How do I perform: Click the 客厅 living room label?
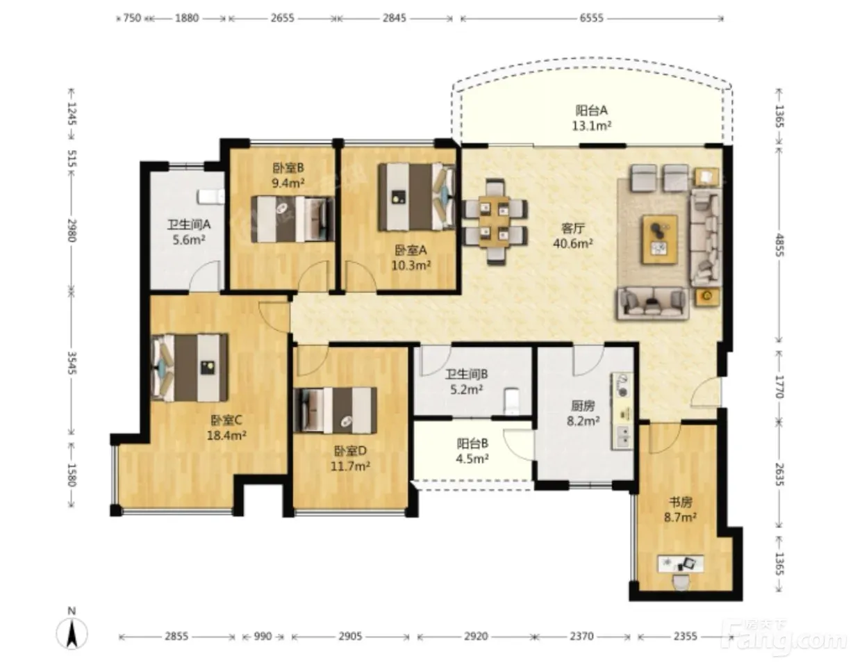pos(573,228)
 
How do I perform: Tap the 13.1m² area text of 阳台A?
pos(592,126)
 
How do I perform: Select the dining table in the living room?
pos(494,222)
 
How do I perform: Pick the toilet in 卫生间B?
pos(511,400)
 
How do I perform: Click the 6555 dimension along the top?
pos(592,18)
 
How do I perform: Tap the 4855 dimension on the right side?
pos(779,245)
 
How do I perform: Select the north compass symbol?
pos(72,633)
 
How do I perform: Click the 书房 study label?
pos(680,502)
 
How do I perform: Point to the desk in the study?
pos(681,564)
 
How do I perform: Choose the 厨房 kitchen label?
pos(583,407)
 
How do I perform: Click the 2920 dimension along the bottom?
pos(476,636)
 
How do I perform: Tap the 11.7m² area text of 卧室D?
pos(350,466)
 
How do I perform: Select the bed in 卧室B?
pos(293,219)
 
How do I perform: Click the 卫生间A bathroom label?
pos(189,224)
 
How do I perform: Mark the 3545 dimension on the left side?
pos(72,363)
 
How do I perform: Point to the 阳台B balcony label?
pos(472,443)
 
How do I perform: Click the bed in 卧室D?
pos(336,410)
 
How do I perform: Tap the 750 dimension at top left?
pos(132,18)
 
